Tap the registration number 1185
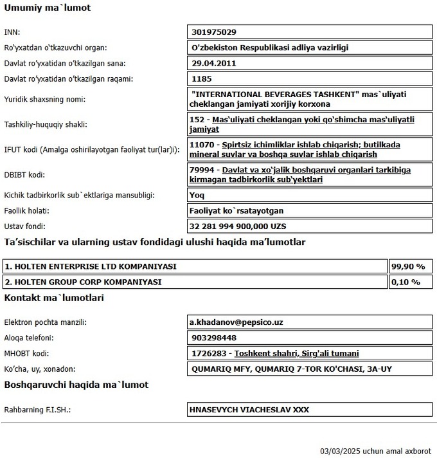click(x=202, y=79)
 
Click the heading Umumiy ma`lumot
click(x=48, y=8)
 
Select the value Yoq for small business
click(x=198, y=194)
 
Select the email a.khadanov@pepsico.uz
click(x=236, y=322)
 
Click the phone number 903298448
click(x=214, y=338)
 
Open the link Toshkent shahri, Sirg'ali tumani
click(x=296, y=353)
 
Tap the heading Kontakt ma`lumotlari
click(x=55, y=298)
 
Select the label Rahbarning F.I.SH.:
click(x=37, y=409)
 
